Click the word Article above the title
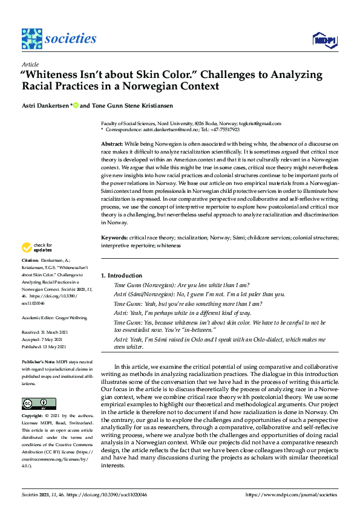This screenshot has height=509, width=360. (x=30, y=64)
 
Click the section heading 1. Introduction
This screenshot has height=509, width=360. (x=121, y=276)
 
